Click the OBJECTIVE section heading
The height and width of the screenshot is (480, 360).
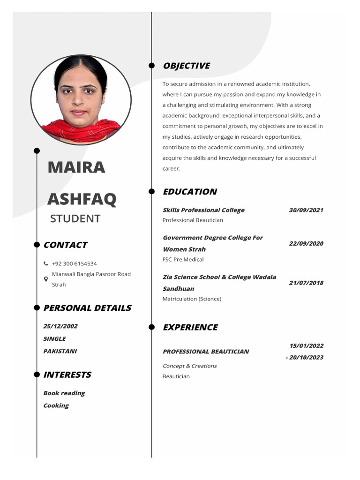click(x=186, y=66)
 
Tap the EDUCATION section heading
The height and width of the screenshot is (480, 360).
click(x=189, y=192)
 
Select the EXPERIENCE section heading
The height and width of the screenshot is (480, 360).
click(x=190, y=327)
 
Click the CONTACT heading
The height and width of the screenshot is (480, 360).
click(x=65, y=245)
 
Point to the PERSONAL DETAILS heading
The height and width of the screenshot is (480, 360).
click(x=87, y=308)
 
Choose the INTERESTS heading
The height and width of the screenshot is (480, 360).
click(x=67, y=375)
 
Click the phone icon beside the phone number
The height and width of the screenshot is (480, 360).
click(x=46, y=264)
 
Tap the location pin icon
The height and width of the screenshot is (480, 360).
click(x=46, y=279)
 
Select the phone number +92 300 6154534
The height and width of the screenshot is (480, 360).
click(x=74, y=264)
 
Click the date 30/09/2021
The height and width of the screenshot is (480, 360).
click(x=306, y=210)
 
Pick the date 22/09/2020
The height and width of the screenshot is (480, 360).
click(x=306, y=243)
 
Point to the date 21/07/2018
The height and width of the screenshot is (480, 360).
click(x=306, y=283)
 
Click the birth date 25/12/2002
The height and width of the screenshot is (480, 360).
click(x=60, y=326)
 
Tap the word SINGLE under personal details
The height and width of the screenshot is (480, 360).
click(x=54, y=338)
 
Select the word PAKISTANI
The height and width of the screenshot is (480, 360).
click(x=60, y=351)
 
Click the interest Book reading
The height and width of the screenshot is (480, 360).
click(x=64, y=393)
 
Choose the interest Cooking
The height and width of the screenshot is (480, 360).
click(x=56, y=405)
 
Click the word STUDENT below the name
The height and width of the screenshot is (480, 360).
click(x=75, y=218)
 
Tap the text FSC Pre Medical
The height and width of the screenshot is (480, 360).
click(x=183, y=259)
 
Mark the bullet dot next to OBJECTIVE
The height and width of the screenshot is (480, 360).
click(x=151, y=66)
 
